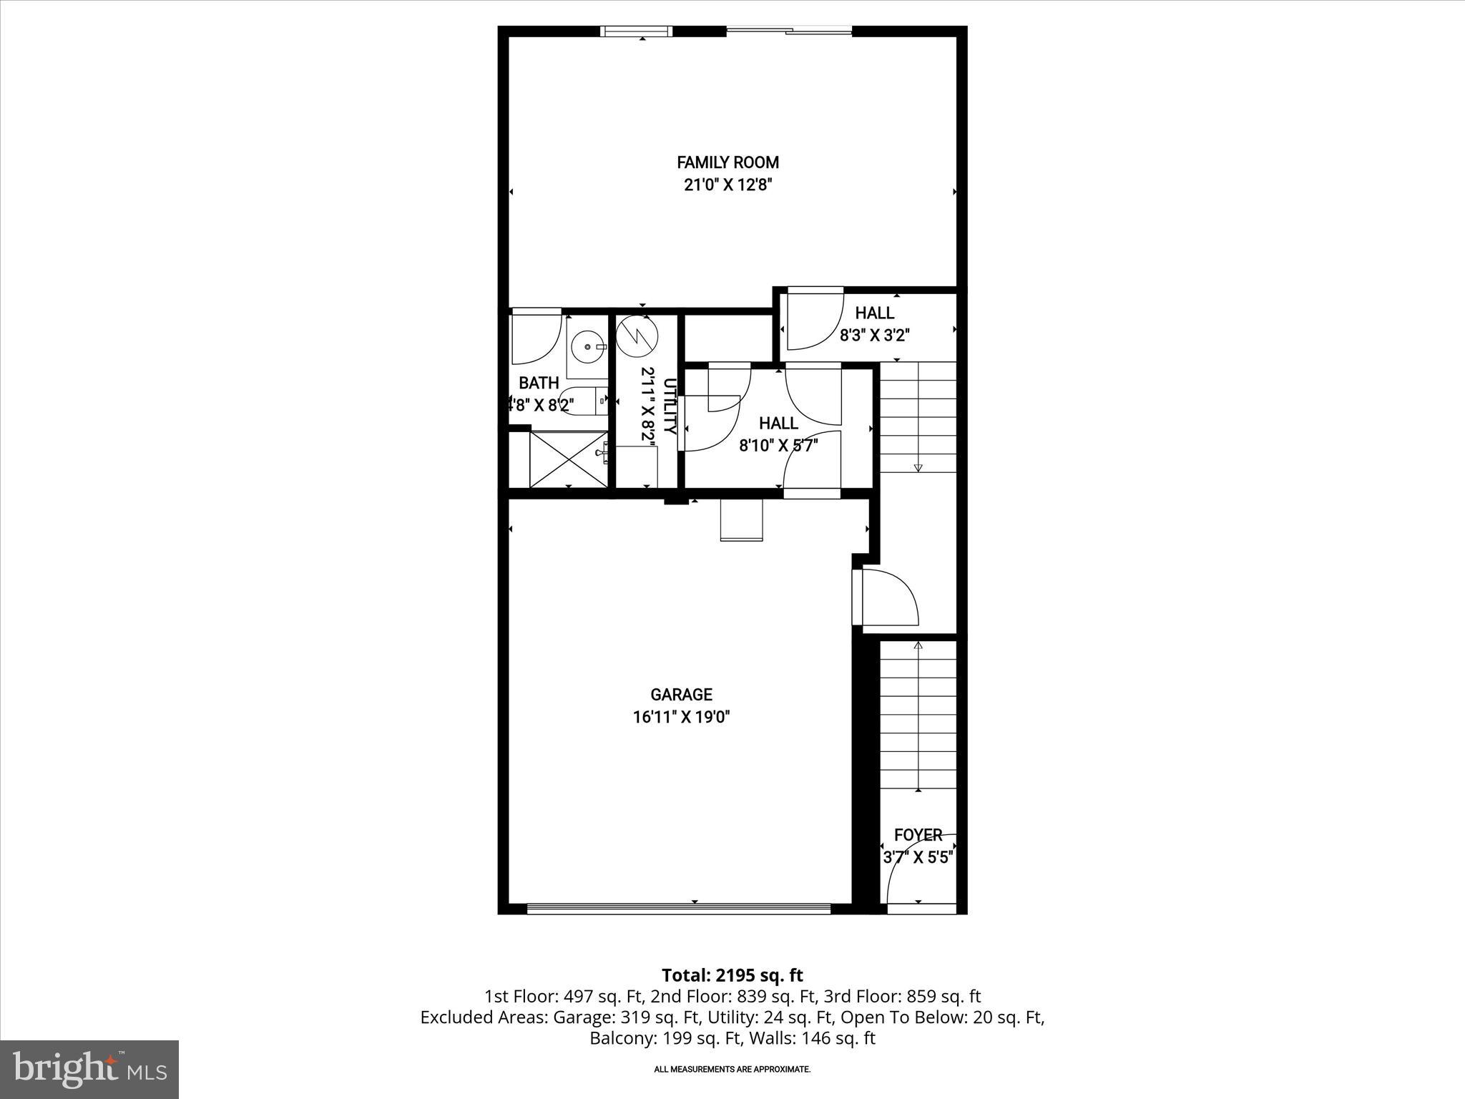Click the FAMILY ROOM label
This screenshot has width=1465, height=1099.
click(x=727, y=162)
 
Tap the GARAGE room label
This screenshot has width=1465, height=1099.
click(x=681, y=695)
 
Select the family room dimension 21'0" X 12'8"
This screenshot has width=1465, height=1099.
click(x=727, y=185)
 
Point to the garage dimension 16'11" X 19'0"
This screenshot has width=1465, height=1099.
click(x=681, y=717)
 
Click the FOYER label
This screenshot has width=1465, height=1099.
click(x=918, y=835)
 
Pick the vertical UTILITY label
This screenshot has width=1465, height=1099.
click(x=670, y=406)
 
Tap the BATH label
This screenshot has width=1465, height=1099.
click(x=539, y=383)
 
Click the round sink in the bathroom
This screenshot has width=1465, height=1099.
click(x=588, y=347)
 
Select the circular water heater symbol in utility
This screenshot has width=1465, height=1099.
click(x=635, y=336)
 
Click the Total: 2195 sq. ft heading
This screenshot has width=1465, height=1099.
click(x=732, y=975)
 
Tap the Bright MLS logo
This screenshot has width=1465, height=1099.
click(x=89, y=1069)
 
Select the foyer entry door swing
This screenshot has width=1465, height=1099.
click(x=918, y=873)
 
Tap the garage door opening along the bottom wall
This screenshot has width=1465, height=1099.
click(x=678, y=909)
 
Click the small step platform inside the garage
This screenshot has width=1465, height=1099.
click(x=741, y=520)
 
